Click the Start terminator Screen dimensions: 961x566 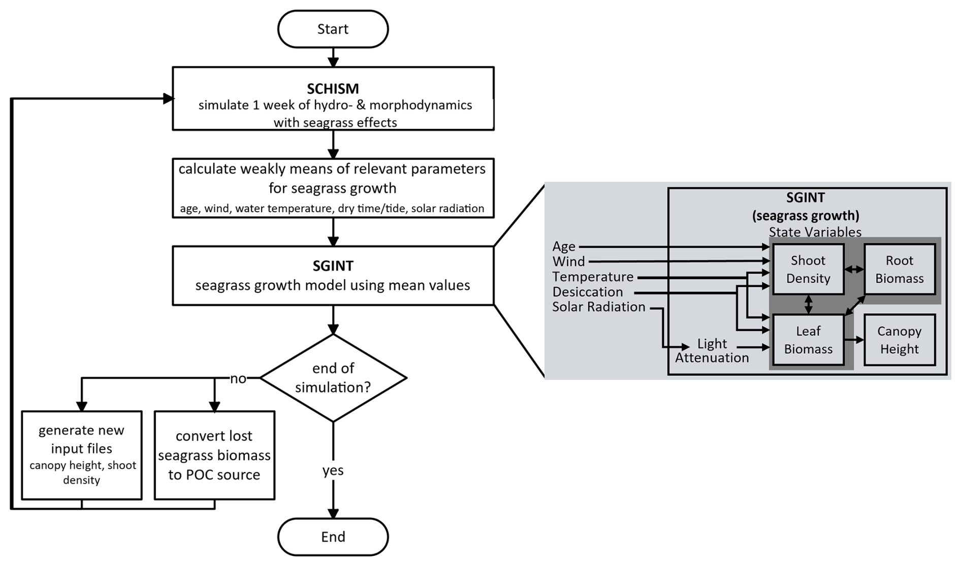click(x=333, y=29)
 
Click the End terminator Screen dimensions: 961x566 click(x=333, y=537)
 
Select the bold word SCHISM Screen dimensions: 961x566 click(x=333, y=88)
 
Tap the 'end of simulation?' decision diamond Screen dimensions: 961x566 click(x=333, y=378)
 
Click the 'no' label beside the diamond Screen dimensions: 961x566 click(x=238, y=379)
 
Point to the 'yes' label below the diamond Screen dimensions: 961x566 click(x=333, y=471)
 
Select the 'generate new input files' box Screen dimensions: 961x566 click(x=82, y=455)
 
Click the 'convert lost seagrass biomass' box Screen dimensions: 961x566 click(x=214, y=455)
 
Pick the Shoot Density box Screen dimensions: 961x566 click(x=808, y=269)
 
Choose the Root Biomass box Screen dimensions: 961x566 click(x=900, y=269)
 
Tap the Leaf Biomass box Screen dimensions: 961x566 click(x=808, y=340)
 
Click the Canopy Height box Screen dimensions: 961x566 click(x=900, y=340)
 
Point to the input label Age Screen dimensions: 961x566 click(x=564, y=247)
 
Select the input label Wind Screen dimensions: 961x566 click(x=568, y=261)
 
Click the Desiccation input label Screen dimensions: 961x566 click(x=588, y=292)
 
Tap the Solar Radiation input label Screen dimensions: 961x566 click(x=599, y=307)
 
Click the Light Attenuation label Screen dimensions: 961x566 click(x=712, y=350)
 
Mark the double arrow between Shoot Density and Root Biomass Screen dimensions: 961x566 click(x=854, y=270)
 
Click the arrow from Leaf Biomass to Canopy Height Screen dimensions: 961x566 click(x=854, y=340)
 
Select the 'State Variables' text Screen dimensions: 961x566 click(x=815, y=232)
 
